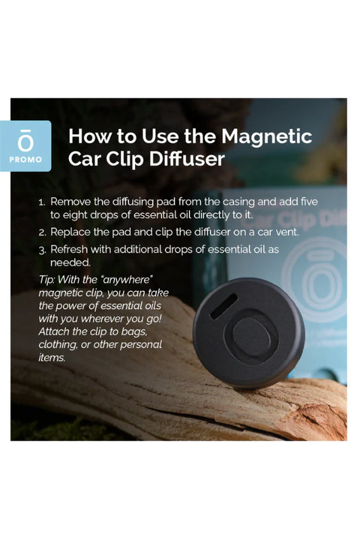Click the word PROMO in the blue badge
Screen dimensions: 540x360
click(x=30, y=160)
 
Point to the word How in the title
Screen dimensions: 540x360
click(x=90, y=136)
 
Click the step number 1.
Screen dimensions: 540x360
click(x=42, y=202)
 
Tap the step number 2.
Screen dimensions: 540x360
click(x=42, y=232)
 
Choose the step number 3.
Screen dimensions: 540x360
click(x=42, y=249)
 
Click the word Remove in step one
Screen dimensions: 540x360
click(x=70, y=202)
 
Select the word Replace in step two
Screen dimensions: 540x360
click(x=72, y=232)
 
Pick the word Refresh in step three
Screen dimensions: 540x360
click(x=71, y=249)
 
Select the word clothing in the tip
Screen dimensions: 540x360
click(x=58, y=345)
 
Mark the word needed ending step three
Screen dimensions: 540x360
click(x=68, y=262)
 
